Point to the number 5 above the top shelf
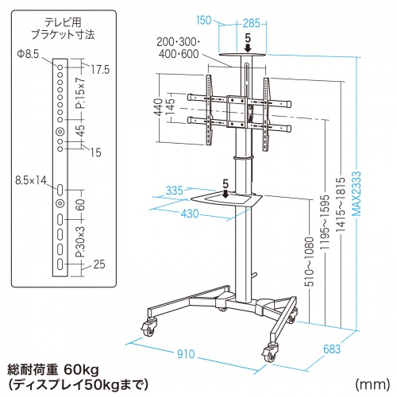(248, 36)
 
